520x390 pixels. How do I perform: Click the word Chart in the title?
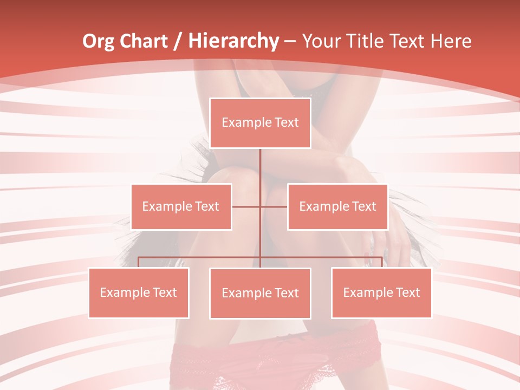coord(141,41)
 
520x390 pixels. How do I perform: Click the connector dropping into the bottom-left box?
coord(139,262)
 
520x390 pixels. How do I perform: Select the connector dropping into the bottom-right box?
coord(381,262)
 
